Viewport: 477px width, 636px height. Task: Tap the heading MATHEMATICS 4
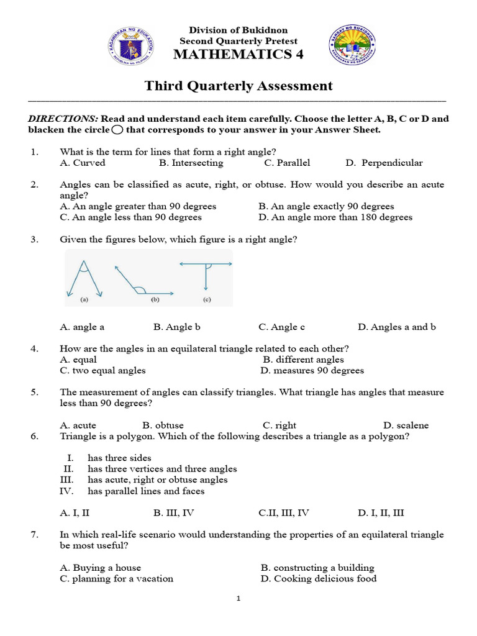tap(238, 55)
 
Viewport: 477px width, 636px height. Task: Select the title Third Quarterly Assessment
tap(238, 86)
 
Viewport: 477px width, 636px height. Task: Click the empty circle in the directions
tap(117, 130)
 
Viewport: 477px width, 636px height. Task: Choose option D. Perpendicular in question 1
tap(384, 163)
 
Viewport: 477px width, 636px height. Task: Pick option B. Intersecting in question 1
tap(191, 163)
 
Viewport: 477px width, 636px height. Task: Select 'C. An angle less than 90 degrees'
tap(130, 217)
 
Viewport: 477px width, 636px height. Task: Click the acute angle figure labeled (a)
tap(81, 278)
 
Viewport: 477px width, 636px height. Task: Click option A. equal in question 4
tap(78, 359)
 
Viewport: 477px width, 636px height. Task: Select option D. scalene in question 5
tap(406, 425)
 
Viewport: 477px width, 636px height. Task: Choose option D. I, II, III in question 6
tap(381, 512)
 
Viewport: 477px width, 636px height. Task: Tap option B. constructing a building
tap(317, 567)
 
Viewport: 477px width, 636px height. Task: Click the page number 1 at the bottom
tap(238, 599)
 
